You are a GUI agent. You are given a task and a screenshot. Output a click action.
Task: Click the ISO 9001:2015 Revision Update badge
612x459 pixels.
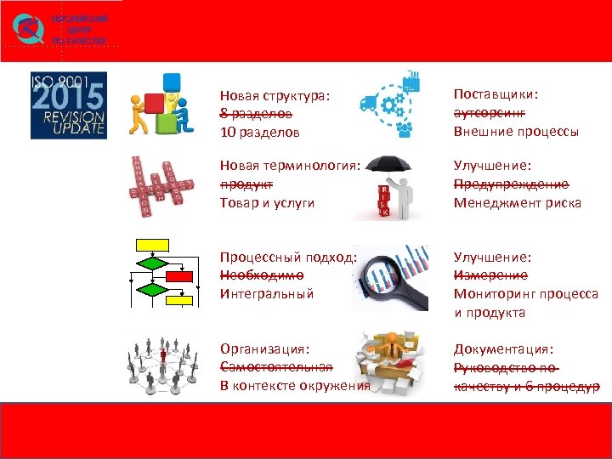pyautogui.click(x=68, y=105)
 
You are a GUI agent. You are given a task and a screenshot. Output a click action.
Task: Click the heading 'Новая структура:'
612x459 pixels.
pyautogui.click(x=274, y=96)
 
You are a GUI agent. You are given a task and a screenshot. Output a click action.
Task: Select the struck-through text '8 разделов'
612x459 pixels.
pyautogui.click(x=256, y=114)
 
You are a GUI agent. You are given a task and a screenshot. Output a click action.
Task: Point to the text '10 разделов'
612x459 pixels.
pyautogui.click(x=259, y=133)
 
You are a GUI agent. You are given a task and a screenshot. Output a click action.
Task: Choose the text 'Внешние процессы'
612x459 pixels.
pyautogui.click(x=516, y=132)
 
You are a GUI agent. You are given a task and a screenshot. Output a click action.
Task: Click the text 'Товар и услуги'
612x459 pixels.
pyautogui.click(x=267, y=202)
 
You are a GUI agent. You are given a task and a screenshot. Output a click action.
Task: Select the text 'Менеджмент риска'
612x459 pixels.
pyautogui.click(x=517, y=202)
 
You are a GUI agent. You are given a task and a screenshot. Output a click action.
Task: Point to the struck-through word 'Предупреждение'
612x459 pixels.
pyautogui.click(x=511, y=184)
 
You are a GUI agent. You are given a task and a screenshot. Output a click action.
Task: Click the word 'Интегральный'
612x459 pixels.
pyautogui.click(x=266, y=293)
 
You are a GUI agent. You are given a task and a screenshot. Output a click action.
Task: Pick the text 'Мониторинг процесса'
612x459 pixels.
pyautogui.click(x=525, y=293)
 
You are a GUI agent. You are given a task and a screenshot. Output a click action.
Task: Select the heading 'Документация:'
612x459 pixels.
pyautogui.click(x=503, y=348)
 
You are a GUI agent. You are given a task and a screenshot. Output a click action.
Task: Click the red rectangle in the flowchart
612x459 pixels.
pyautogui.click(x=178, y=277)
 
